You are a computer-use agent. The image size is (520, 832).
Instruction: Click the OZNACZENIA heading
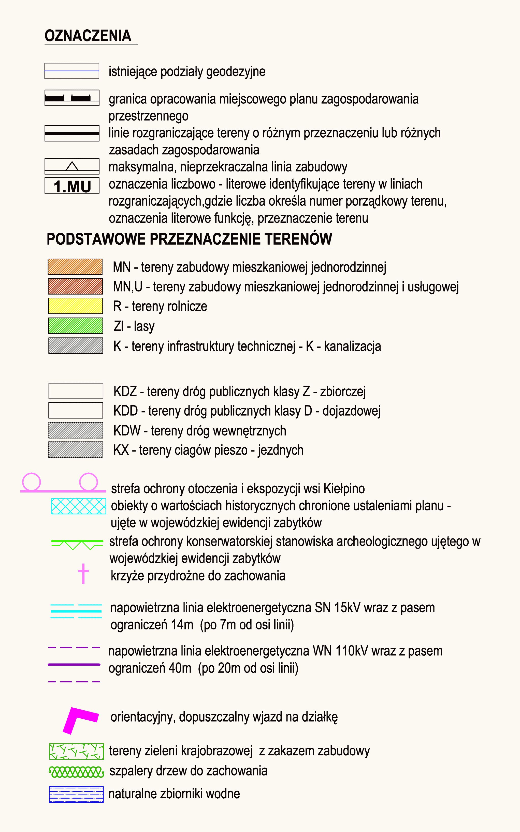(88, 36)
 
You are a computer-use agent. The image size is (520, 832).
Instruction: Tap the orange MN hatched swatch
(75, 267)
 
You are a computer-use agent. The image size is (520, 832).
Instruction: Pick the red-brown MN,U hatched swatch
(75, 286)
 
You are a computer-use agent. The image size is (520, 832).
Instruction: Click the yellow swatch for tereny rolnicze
(75, 306)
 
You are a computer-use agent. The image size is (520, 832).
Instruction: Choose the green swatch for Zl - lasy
(75, 326)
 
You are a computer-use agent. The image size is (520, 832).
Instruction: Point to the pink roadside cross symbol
(83, 573)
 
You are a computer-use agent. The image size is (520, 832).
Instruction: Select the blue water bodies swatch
(76, 794)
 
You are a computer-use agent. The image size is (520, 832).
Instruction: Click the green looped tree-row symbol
(76, 772)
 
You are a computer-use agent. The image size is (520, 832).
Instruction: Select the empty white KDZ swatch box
(76, 391)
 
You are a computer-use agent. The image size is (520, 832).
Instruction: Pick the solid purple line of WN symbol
(74, 664)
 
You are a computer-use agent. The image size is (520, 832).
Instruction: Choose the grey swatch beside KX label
(75, 450)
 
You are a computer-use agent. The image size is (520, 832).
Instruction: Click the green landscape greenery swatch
(76, 751)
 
